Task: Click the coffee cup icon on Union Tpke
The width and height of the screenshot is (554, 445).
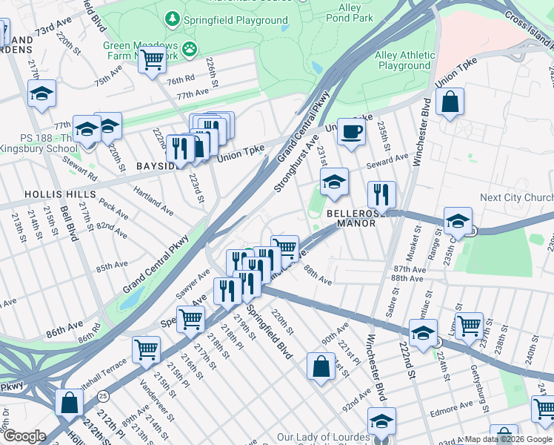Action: tap(352, 132)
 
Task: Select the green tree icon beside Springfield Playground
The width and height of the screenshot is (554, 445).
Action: tap(172, 18)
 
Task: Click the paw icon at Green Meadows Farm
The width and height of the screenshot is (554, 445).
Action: tap(191, 50)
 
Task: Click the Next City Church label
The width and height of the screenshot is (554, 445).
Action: tap(516, 197)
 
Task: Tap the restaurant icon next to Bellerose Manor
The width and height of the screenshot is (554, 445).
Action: tap(381, 194)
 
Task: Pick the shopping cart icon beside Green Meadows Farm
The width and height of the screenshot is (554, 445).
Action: tap(153, 59)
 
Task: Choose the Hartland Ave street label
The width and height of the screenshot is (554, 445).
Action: tap(153, 201)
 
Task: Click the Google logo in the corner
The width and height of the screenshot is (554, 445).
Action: tap(24, 436)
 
